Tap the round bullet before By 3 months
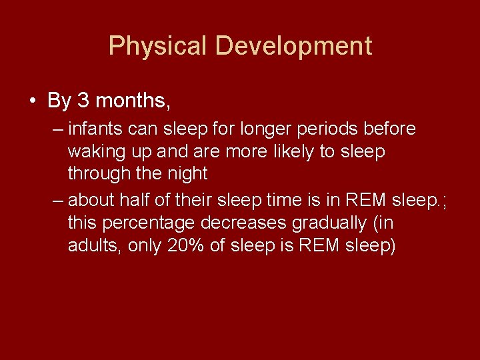[x=32, y=101]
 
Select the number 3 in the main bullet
[x=83, y=101]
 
